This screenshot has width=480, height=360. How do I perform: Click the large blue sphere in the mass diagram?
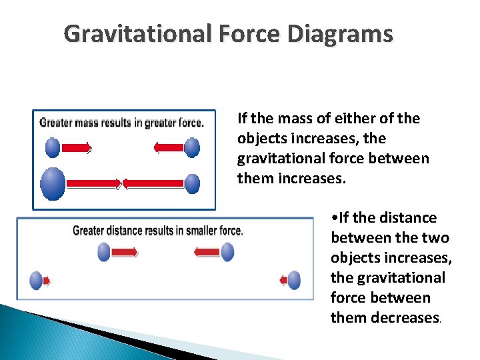53,183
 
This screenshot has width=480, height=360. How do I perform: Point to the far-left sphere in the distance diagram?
36,281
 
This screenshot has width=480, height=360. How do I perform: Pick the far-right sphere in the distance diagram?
293,281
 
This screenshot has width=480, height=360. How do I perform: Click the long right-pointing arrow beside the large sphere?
93,183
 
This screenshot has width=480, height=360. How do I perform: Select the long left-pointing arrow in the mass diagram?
153,183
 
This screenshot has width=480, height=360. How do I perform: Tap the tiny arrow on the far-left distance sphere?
46,281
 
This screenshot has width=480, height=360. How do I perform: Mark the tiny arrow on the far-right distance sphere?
283,281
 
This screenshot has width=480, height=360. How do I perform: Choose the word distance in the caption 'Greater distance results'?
126,231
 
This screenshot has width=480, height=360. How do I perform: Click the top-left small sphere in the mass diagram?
53,147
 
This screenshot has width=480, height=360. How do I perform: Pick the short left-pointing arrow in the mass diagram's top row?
169,147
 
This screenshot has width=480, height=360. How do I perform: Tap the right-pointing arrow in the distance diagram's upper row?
125,252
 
